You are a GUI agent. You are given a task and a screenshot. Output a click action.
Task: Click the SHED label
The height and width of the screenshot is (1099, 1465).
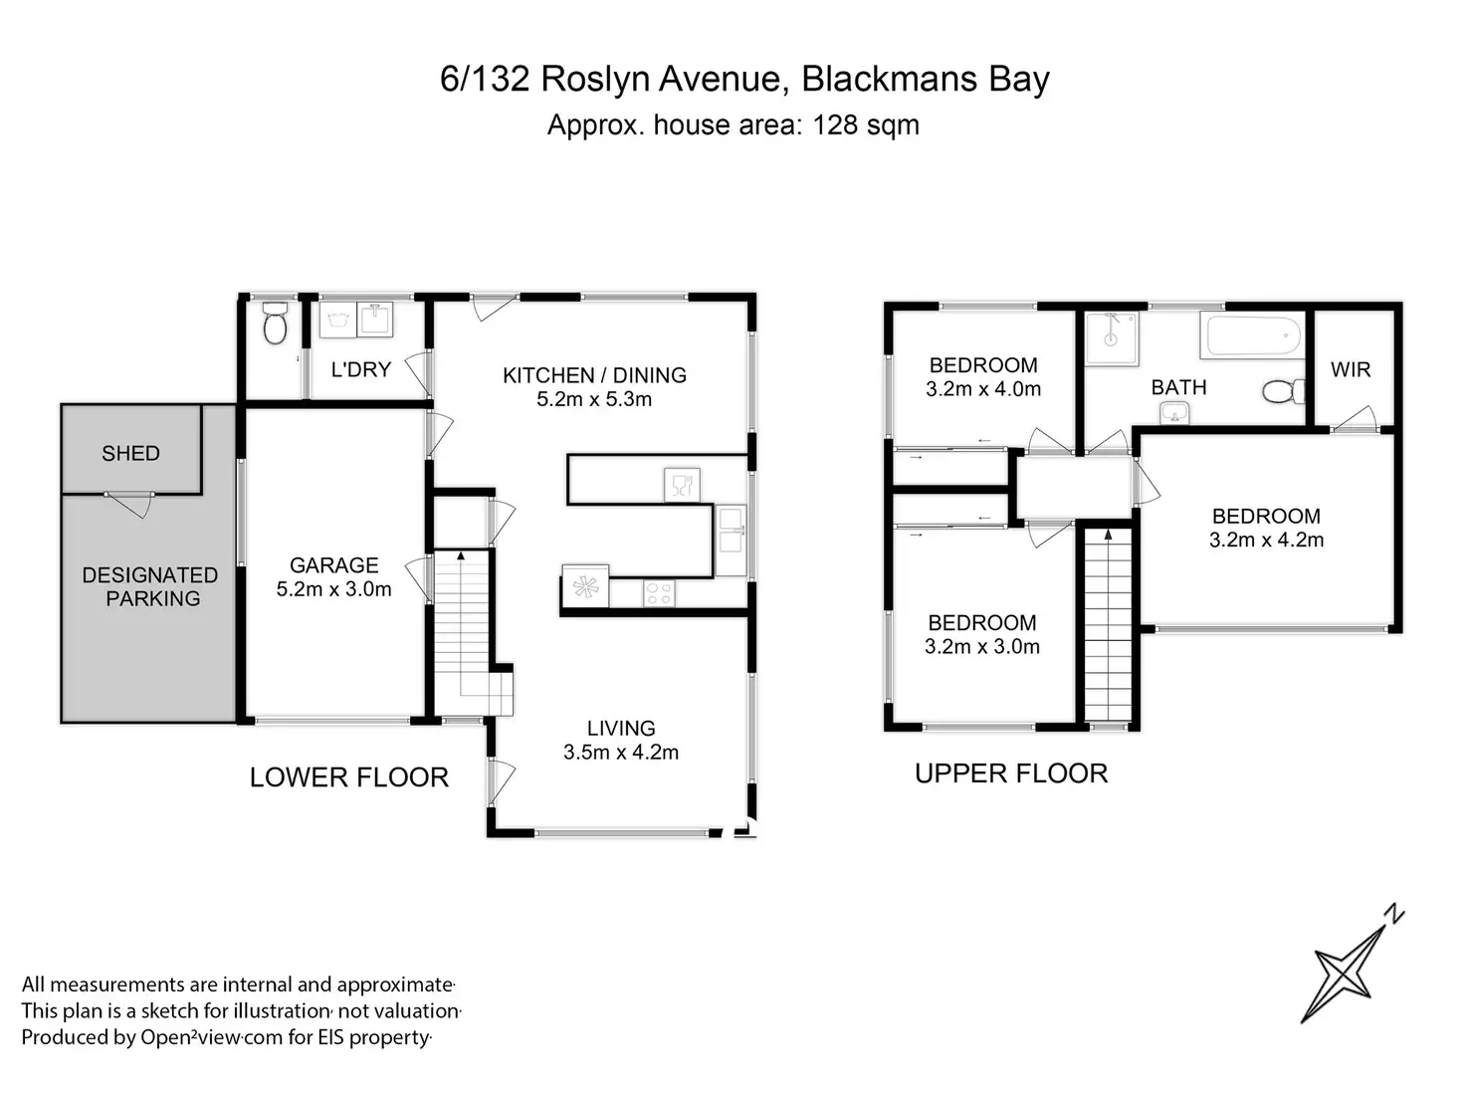pos(130,454)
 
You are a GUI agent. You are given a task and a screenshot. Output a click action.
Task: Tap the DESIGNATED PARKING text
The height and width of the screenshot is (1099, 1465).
pos(149,587)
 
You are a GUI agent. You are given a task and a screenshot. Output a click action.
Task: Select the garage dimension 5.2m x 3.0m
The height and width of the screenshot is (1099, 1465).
pos(333,589)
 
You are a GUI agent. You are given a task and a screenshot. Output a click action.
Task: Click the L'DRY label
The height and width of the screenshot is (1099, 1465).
pos(360,369)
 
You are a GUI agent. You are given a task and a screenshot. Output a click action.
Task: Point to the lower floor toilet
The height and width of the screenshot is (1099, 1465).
pos(274,324)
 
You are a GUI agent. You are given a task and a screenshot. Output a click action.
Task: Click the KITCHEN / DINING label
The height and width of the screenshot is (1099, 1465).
pos(594,375)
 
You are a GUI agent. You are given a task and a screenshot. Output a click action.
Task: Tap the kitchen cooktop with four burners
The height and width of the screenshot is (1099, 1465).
pos(659,593)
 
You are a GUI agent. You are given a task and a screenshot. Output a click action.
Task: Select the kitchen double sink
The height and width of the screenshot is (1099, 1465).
pos(730,528)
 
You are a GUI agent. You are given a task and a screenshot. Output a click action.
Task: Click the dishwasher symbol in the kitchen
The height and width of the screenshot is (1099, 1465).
pos(682,485)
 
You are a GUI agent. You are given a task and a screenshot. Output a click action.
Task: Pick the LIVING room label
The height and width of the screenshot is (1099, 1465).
pos(621,729)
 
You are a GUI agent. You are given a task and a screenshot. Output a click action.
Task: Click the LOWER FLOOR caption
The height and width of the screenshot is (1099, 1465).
pos(348,777)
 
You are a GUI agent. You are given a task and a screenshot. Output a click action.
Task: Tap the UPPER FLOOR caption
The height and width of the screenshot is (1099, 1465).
pos(1010,773)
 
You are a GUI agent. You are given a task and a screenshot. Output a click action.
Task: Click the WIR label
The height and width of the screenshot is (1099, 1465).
pos(1351,370)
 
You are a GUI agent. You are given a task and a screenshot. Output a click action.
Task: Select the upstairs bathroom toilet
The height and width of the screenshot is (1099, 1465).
pos(1284,391)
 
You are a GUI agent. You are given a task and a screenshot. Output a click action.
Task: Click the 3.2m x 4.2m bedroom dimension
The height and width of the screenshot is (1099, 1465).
pos(1266,541)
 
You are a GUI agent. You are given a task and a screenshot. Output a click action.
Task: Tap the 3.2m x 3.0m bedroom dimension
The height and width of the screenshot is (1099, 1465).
pos(981,647)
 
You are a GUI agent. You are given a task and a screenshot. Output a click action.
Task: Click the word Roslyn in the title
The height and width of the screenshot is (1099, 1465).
pos(586,80)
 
